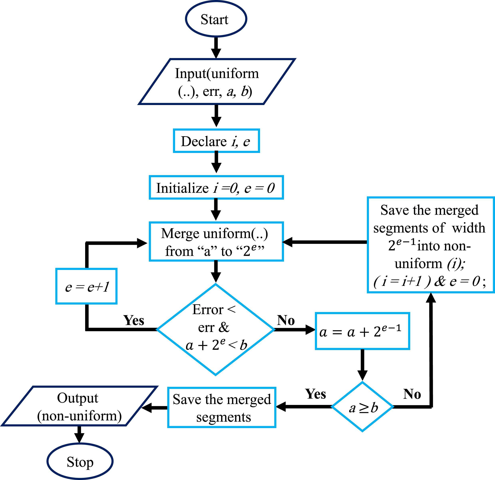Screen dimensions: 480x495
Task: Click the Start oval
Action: (216, 19)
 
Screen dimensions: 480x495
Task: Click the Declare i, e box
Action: (216, 141)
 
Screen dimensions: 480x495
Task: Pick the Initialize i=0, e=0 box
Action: (216, 187)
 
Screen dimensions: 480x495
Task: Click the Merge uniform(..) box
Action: (216, 242)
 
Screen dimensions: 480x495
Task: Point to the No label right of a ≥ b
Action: (412, 394)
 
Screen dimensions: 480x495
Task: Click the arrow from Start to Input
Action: (216, 48)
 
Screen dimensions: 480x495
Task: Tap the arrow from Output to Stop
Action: (79, 434)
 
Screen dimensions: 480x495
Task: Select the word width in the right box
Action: (468, 228)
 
